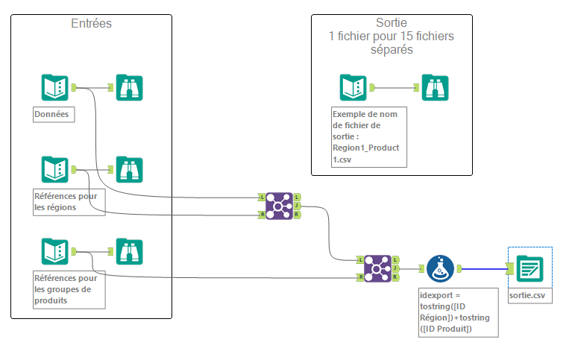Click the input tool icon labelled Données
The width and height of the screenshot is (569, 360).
[x=54, y=87]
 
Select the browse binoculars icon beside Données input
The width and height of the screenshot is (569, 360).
[x=130, y=87]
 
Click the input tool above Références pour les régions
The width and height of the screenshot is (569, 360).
[x=54, y=169]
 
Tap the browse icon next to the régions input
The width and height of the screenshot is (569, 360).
[x=130, y=169]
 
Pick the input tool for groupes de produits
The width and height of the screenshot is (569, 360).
[x=54, y=251]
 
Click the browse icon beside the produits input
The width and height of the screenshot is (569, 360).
[x=130, y=251]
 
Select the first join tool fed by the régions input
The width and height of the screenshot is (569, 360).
[x=280, y=205]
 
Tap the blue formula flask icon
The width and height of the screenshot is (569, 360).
[x=440, y=268]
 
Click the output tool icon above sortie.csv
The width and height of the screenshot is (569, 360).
[x=529, y=268]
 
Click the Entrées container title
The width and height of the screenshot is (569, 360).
[x=91, y=24]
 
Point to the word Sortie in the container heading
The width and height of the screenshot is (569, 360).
[x=392, y=23]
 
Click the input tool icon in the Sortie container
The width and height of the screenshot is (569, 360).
[x=353, y=87]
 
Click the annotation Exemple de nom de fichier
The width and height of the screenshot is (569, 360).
[x=368, y=136]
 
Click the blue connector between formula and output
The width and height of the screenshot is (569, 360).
[x=485, y=268]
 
